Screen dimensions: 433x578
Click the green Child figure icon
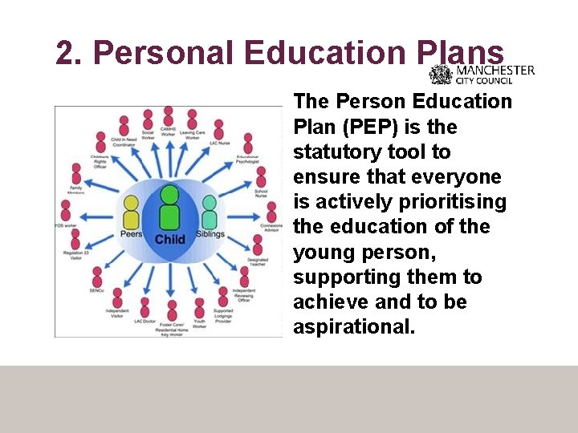169,207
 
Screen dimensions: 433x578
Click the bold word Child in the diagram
169,239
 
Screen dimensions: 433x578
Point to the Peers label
132,234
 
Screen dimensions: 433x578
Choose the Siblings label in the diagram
210,234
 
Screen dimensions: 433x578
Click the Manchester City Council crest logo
441,75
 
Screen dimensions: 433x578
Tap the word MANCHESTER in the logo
495,70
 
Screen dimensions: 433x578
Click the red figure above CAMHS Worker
169,116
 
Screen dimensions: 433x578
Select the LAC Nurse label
219,143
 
